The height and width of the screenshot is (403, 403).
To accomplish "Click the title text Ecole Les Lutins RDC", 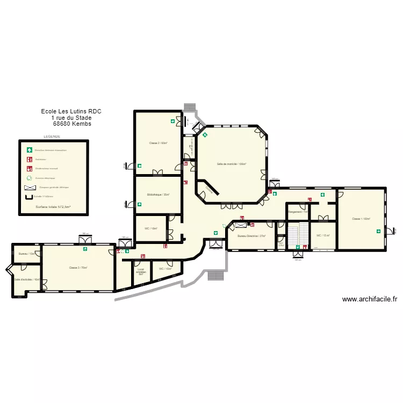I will (x=71, y=111).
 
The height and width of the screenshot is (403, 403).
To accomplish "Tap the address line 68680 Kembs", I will (x=72, y=124).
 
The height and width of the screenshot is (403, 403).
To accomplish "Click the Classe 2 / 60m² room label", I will (x=158, y=143).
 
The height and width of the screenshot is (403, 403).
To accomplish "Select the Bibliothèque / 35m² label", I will (x=159, y=195).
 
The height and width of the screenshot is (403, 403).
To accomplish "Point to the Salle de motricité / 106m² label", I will (x=231, y=164).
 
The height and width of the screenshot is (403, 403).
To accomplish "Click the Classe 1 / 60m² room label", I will (x=361, y=219).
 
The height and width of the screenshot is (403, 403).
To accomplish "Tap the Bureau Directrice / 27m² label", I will (x=251, y=236).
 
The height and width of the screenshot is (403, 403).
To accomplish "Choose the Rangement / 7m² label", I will (x=298, y=212).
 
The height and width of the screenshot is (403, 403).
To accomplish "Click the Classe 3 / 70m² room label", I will (x=78, y=268).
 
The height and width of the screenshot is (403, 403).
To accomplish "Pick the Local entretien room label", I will (x=141, y=271).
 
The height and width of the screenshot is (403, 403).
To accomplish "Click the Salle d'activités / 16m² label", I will (x=27, y=279).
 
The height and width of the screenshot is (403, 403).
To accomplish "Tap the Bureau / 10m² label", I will (x=26, y=254).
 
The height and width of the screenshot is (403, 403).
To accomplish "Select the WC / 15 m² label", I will (x=323, y=235).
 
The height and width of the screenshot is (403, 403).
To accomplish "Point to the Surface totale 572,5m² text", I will (x=53, y=206).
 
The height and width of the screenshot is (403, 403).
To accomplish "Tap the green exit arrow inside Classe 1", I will (x=379, y=231).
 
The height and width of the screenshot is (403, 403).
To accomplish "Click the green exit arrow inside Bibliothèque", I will (x=139, y=204).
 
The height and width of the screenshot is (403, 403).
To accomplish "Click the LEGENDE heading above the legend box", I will (x=52, y=137).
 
